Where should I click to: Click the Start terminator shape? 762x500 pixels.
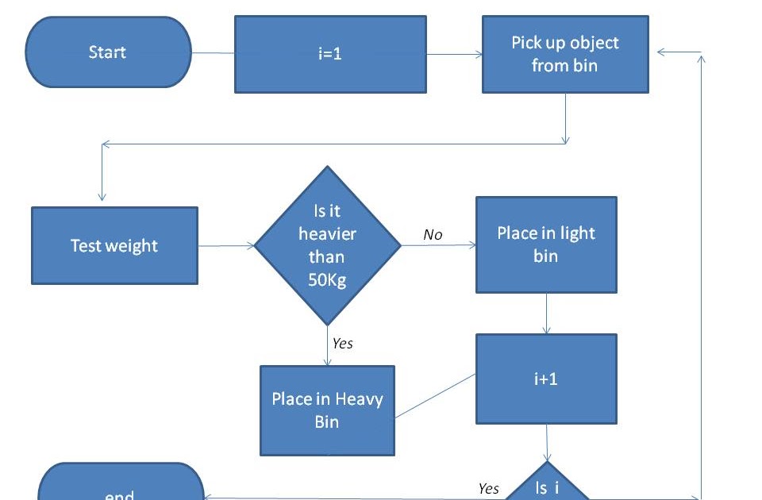click(x=108, y=52)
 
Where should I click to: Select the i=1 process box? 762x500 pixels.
click(x=330, y=55)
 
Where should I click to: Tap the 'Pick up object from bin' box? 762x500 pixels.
click(x=565, y=54)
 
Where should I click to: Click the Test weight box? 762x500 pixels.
click(x=114, y=246)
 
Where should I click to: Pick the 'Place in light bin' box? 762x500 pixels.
click(x=546, y=244)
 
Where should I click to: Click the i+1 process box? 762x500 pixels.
click(x=546, y=379)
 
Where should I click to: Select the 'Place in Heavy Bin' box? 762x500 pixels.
click(x=327, y=410)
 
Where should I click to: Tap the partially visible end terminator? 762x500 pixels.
click(x=121, y=486)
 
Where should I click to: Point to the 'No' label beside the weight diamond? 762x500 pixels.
click(x=433, y=234)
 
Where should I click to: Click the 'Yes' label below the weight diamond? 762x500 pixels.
click(x=342, y=343)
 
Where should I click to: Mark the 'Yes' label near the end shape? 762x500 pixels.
click(x=489, y=488)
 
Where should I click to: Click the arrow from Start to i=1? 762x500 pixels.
click(x=213, y=53)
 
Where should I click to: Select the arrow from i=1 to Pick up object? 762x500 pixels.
click(x=455, y=54)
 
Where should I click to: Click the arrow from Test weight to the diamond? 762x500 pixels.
click(x=226, y=246)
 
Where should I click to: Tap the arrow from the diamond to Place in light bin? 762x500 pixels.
click(x=439, y=245)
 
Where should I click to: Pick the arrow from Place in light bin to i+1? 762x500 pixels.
click(x=546, y=313)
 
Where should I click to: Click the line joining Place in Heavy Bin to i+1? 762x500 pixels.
click(x=435, y=395)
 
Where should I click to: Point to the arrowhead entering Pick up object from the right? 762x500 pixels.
click(x=663, y=53)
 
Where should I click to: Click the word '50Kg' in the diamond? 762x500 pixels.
click(x=327, y=279)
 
